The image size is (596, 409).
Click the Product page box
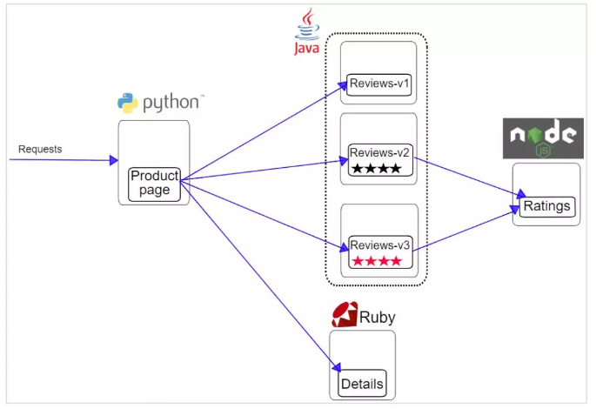(154, 184)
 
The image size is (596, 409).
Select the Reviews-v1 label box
(378, 84)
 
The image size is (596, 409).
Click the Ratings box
(547, 206)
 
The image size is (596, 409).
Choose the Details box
(362, 384)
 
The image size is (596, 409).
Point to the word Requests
(40, 149)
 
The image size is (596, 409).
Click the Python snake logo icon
(128, 103)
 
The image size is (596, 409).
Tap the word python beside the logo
(171, 103)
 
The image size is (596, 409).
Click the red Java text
(306, 49)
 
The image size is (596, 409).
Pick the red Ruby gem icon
(345, 315)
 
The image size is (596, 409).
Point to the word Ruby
(378, 318)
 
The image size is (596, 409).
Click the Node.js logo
(544, 137)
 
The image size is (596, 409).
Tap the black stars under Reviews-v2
(376, 169)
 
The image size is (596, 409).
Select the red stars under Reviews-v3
(376, 260)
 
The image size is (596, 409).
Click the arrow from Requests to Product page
(65, 160)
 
